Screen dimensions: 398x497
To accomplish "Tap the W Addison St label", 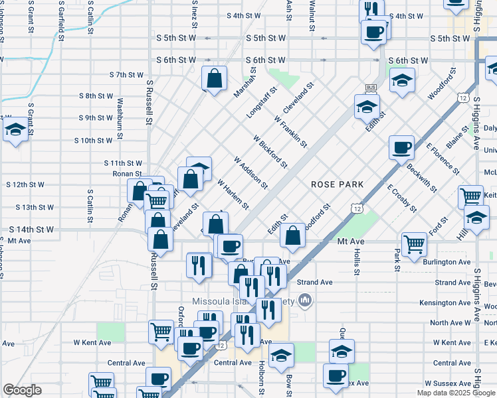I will pyautogui.click(x=250, y=172).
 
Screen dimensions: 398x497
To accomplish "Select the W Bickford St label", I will pyautogui.click(x=270, y=151).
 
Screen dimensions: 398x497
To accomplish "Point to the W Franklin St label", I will pyautogui.click(x=290, y=131).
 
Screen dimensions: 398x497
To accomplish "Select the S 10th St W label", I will pyautogui.click(x=93, y=141).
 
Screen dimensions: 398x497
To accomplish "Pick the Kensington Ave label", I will pyautogui.click(x=448, y=302).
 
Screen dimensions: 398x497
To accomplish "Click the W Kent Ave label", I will pyautogui.click(x=92, y=343).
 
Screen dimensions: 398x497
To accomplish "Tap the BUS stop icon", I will pyautogui.click(x=371, y=88).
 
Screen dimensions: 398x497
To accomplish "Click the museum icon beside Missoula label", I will pyautogui.click(x=305, y=301).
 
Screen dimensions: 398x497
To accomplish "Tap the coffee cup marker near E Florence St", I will pyautogui.click(x=401, y=148).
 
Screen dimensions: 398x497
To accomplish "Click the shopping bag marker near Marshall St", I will pyautogui.click(x=215, y=78).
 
